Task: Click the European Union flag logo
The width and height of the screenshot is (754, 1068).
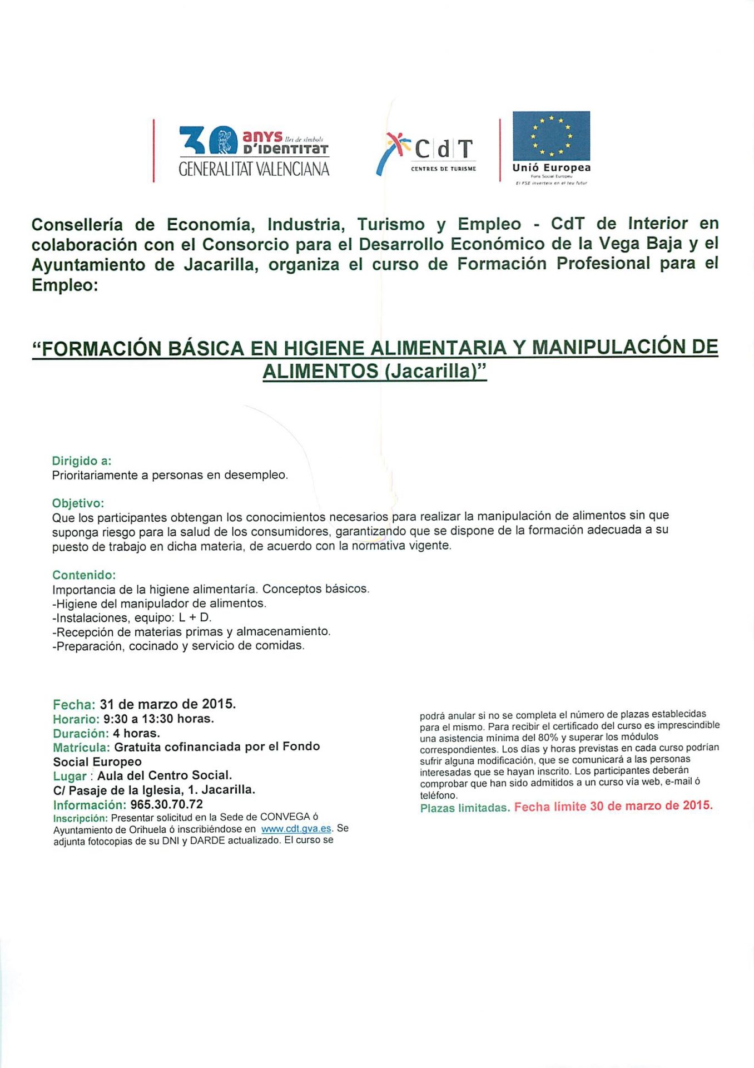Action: [x=551, y=135]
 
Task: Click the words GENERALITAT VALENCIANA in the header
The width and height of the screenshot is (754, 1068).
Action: [x=254, y=169]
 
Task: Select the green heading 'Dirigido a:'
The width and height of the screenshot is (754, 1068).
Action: [x=82, y=461]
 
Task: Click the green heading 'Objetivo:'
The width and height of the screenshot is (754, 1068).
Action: [x=78, y=503]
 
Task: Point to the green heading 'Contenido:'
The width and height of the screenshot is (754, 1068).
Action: [x=84, y=575]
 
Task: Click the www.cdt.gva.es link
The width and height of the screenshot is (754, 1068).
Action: [x=296, y=829]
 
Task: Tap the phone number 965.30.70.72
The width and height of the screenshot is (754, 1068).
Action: [x=167, y=804]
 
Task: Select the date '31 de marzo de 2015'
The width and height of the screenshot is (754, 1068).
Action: [x=167, y=704]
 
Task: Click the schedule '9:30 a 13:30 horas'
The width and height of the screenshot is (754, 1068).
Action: [x=158, y=719]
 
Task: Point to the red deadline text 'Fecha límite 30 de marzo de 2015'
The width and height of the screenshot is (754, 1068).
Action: [x=613, y=806]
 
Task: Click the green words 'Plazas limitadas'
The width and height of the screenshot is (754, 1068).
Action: [x=465, y=808]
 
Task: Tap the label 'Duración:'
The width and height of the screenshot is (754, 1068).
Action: [x=81, y=733]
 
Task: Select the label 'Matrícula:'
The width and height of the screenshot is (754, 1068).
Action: [x=82, y=747]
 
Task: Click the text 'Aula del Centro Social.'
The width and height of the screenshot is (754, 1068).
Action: [x=165, y=775]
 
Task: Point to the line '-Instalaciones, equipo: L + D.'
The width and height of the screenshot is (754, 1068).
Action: [x=132, y=617]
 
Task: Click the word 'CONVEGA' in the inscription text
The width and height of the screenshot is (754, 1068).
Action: [x=285, y=817]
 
